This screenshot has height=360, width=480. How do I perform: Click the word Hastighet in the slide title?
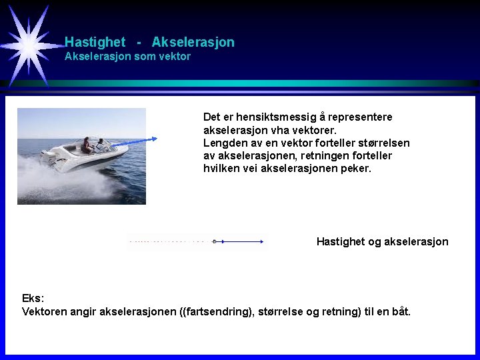[x=95, y=42]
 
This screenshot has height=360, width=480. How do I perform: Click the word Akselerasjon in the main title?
[x=193, y=42]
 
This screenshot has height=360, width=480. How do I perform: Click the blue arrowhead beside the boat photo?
[x=154, y=139]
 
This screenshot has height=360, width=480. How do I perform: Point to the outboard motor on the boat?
[x=48, y=156]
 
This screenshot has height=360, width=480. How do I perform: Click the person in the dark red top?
[x=87, y=146]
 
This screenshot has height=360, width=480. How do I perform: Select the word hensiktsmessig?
[x=266, y=117]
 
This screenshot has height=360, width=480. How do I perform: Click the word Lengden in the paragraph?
[x=224, y=143]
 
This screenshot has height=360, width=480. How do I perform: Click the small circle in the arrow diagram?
[x=214, y=241]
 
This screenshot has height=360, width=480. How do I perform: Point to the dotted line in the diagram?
[x=167, y=241]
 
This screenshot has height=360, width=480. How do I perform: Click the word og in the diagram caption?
[x=375, y=241]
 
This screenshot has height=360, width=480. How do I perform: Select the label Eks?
[x=33, y=298]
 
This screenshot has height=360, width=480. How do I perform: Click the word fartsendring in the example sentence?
[x=219, y=311]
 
